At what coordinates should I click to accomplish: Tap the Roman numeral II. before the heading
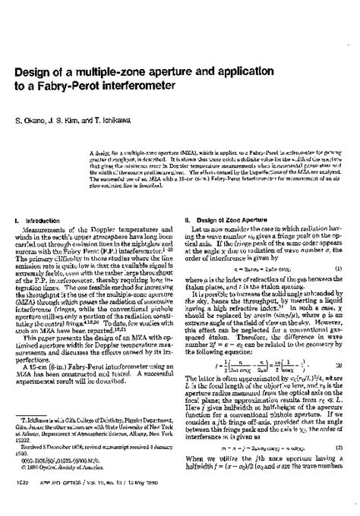(x=189, y=219)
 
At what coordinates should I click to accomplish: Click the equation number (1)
(x=336, y=268)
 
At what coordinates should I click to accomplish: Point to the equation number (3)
(x=336, y=448)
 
